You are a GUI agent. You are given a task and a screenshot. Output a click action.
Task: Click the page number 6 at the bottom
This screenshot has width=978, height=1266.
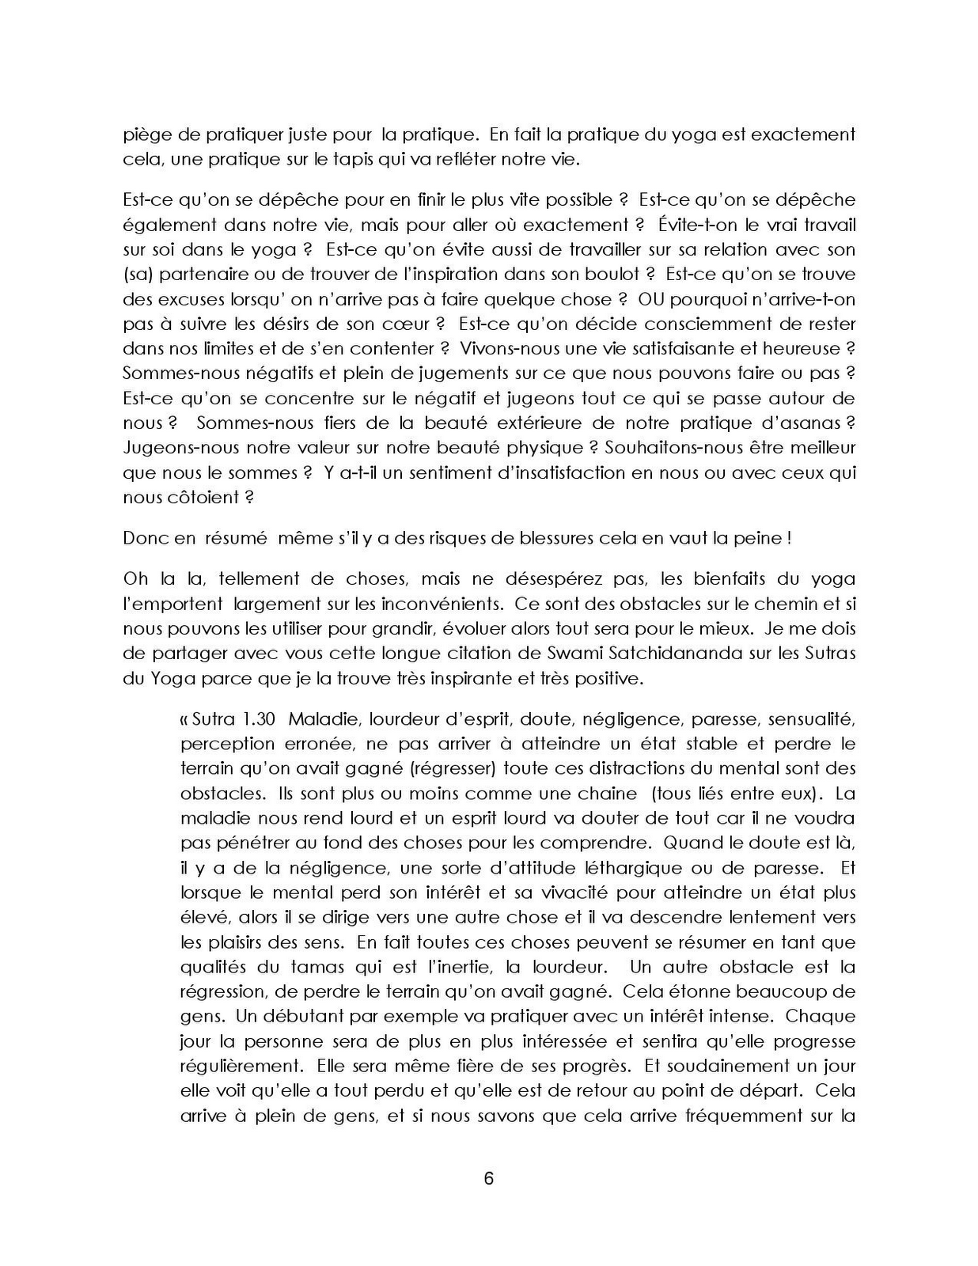[488, 1178]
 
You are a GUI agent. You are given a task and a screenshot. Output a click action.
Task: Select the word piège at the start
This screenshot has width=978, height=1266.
[145, 135]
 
